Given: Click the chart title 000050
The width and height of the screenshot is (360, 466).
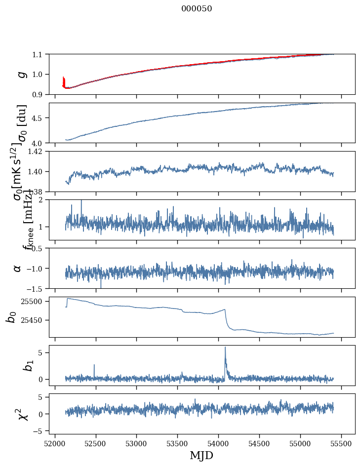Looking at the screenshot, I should [x=197, y=9].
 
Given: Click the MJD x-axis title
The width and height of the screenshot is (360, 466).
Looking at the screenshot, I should [x=201, y=456].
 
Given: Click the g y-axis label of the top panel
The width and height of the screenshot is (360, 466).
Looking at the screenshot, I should [x=21, y=74].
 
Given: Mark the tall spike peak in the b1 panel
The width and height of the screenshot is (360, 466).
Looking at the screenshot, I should [x=225, y=347].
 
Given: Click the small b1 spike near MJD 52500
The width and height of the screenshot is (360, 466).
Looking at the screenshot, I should [x=94, y=365].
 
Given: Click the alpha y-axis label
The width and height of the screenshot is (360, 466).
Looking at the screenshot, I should [x=17, y=268].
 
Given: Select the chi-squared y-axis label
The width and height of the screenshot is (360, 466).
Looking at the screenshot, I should [x=22, y=414].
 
